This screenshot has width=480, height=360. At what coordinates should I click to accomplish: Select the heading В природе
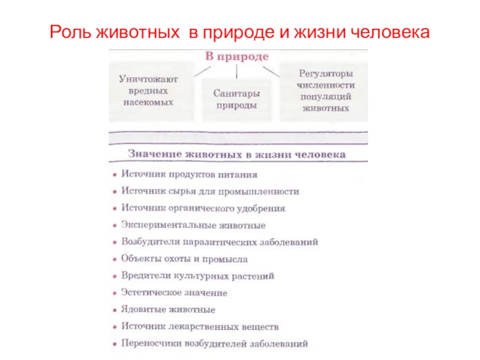pyautogui.click(x=236, y=56)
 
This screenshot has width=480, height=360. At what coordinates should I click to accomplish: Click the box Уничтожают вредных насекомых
pyautogui.click(x=148, y=90)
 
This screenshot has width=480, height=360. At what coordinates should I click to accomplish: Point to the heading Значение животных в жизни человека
pyautogui.click(x=237, y=154)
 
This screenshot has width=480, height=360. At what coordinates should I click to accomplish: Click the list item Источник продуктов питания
pyautogui.click(x=189, y=175)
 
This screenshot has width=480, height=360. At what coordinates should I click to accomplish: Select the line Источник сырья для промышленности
pyautogui.click(x=210, y=191)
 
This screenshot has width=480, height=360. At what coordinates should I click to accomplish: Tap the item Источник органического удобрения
pyautogui.click(x=203, y=208)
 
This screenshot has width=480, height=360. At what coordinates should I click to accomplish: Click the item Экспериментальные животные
pyautogui.click(x=193, y=226)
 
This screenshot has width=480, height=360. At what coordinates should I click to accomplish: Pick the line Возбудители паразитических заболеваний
pyautogui.click(x=220, y=242)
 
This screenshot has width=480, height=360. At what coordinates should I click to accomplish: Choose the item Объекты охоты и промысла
pyautogui.click(x=184, y=259)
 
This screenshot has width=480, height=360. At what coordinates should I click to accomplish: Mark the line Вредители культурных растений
pyautogui.click(x=197, y=276)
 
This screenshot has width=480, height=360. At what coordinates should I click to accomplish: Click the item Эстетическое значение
pyautogui.click(x=174, y=293)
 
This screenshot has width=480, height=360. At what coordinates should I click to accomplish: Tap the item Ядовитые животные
pyautogui.click(x=168, y=310)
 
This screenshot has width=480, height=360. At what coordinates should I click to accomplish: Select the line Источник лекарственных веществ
pyautogui.click(x=200, y=327)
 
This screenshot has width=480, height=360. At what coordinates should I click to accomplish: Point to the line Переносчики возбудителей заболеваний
pyautogui.click(x=214, y=344)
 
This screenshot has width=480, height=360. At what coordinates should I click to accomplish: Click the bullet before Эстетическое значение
pyautogui.click(x=114, y=293)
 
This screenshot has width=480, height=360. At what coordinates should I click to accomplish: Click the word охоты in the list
pyautogui.click(x=172, y=259)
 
